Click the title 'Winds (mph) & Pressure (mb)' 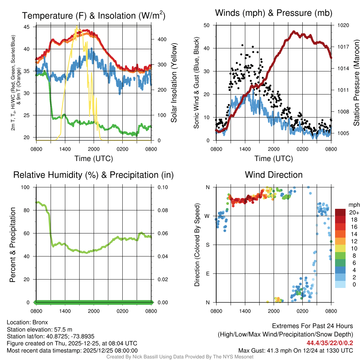point(274,13)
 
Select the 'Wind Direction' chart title point(274,175)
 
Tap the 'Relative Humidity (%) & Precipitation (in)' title point(93,175)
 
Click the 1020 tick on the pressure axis point(343,25)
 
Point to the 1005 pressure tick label point(343,133)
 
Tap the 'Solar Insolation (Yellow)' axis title point(174,83)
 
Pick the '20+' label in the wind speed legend point(353,212)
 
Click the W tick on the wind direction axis point(208,216)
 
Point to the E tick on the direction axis point(208,274)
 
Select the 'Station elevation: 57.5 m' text point(39,329)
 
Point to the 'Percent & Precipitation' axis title point(13,245)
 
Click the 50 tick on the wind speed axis point(207,25)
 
